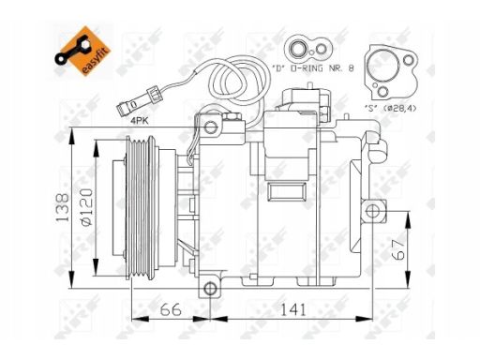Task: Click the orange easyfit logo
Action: click(x=82, y=52)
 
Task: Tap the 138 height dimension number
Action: click(x=62, y=207)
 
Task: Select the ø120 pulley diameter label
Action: click(x=86, y=207)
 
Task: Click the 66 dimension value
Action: click(x=171, y=309)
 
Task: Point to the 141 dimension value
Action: click(x=292, y=309)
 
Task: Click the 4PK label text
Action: click(x=140, y=121)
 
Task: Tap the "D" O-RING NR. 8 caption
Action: click(x=313, y=68)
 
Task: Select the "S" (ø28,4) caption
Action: click(x=391, y=108)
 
